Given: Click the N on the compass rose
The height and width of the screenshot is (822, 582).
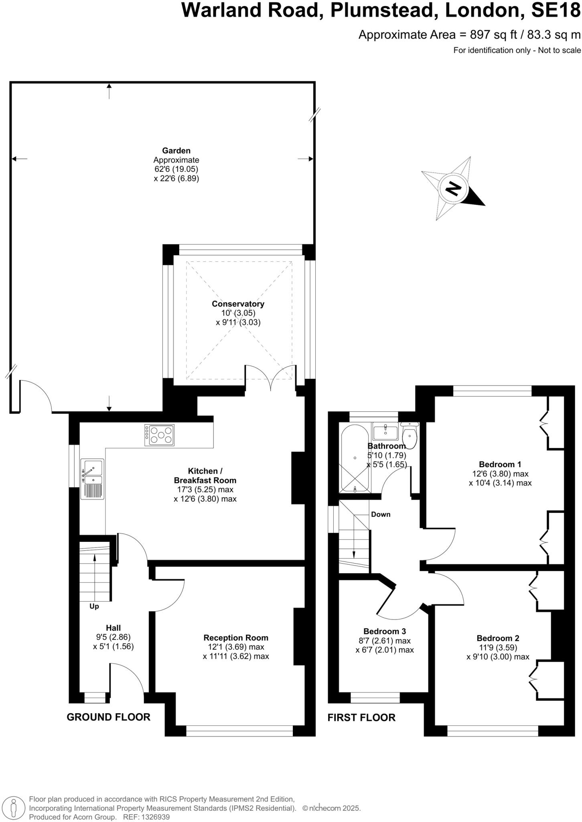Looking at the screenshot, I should pos(453,188).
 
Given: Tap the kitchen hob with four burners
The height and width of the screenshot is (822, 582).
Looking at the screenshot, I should pos(160,435).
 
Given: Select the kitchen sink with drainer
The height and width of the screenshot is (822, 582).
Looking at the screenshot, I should pos(92,479).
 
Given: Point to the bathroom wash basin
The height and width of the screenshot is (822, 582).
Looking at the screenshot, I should pos(385,433).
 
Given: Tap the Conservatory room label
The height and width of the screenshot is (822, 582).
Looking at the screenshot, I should pos(238,304).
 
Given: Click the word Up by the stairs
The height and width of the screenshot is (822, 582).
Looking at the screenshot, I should pos(94,606).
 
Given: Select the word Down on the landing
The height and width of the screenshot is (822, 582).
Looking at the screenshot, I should pos(380,515).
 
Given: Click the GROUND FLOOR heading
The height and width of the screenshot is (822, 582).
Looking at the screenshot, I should pos(108,717).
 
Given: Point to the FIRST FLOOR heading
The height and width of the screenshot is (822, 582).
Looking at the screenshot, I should pos(361,717).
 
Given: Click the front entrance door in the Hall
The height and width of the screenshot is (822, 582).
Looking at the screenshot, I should pos(128,678).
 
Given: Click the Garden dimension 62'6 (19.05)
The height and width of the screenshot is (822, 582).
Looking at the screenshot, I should pos(176,169).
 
